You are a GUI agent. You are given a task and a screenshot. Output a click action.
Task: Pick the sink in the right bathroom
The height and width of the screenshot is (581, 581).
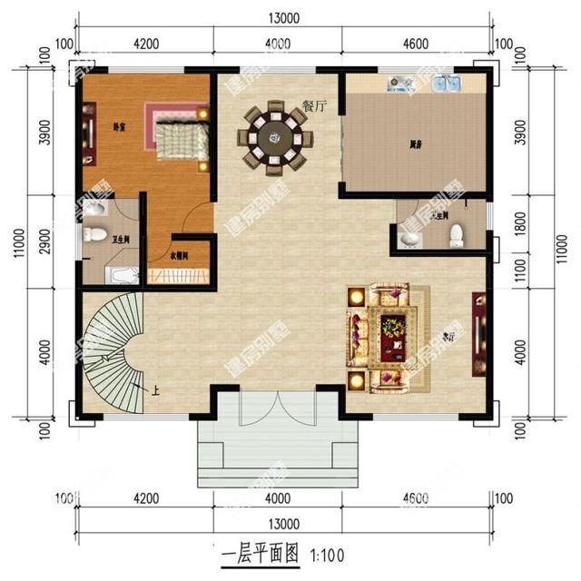click(x=411, y=239)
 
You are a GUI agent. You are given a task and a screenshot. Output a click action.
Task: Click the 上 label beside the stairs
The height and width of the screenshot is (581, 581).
click(x=156, y=391)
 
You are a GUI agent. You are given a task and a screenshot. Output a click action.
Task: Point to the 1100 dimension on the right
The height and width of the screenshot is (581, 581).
click(x=520, y=269)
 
